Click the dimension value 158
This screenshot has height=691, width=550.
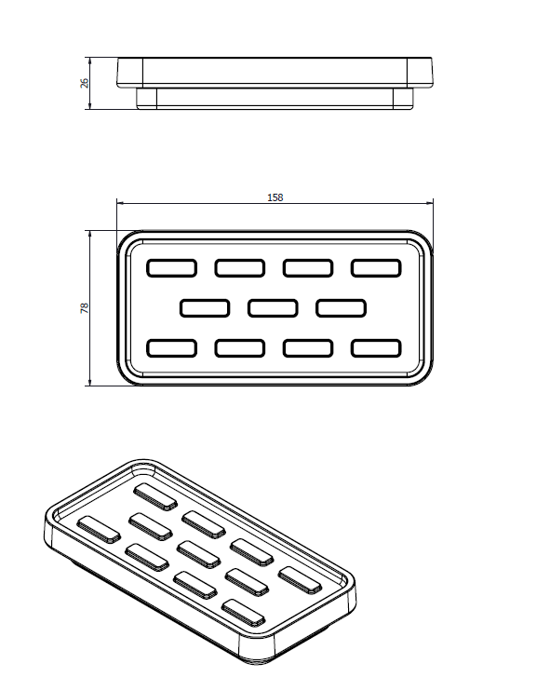tap(275, 197)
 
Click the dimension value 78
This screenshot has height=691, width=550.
tap(85, 308)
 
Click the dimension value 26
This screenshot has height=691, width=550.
tap(85, 83)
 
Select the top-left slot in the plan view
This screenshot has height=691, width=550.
tap(172, 268)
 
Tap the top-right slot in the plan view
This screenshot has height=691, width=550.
tap(376, 268)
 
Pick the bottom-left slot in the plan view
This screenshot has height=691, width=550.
tap(172, 348)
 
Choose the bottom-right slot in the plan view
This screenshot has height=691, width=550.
tap(376, 348)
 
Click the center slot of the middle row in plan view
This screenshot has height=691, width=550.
tap(273, 308)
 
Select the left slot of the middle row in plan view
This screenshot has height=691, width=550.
tap(205, 308)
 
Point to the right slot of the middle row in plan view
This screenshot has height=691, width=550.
tap(341, 308)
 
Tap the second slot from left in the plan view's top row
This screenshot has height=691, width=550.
tap(240, 268)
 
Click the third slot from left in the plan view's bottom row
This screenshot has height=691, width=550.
tap(308, 348)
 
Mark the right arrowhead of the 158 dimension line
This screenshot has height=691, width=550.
tap(430, 203)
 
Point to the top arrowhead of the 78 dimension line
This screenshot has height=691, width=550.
tap(90, 234)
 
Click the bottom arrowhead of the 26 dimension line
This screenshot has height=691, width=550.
tap(90, 106)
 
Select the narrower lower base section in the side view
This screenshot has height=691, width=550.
tap(275, 98)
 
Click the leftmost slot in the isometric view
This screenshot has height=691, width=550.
tap(99, 529)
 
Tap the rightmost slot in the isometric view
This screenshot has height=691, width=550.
tap(300, 580)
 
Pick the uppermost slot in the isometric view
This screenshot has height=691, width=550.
tap(155, 497)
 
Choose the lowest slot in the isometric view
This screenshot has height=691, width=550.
tap(244, 613)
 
